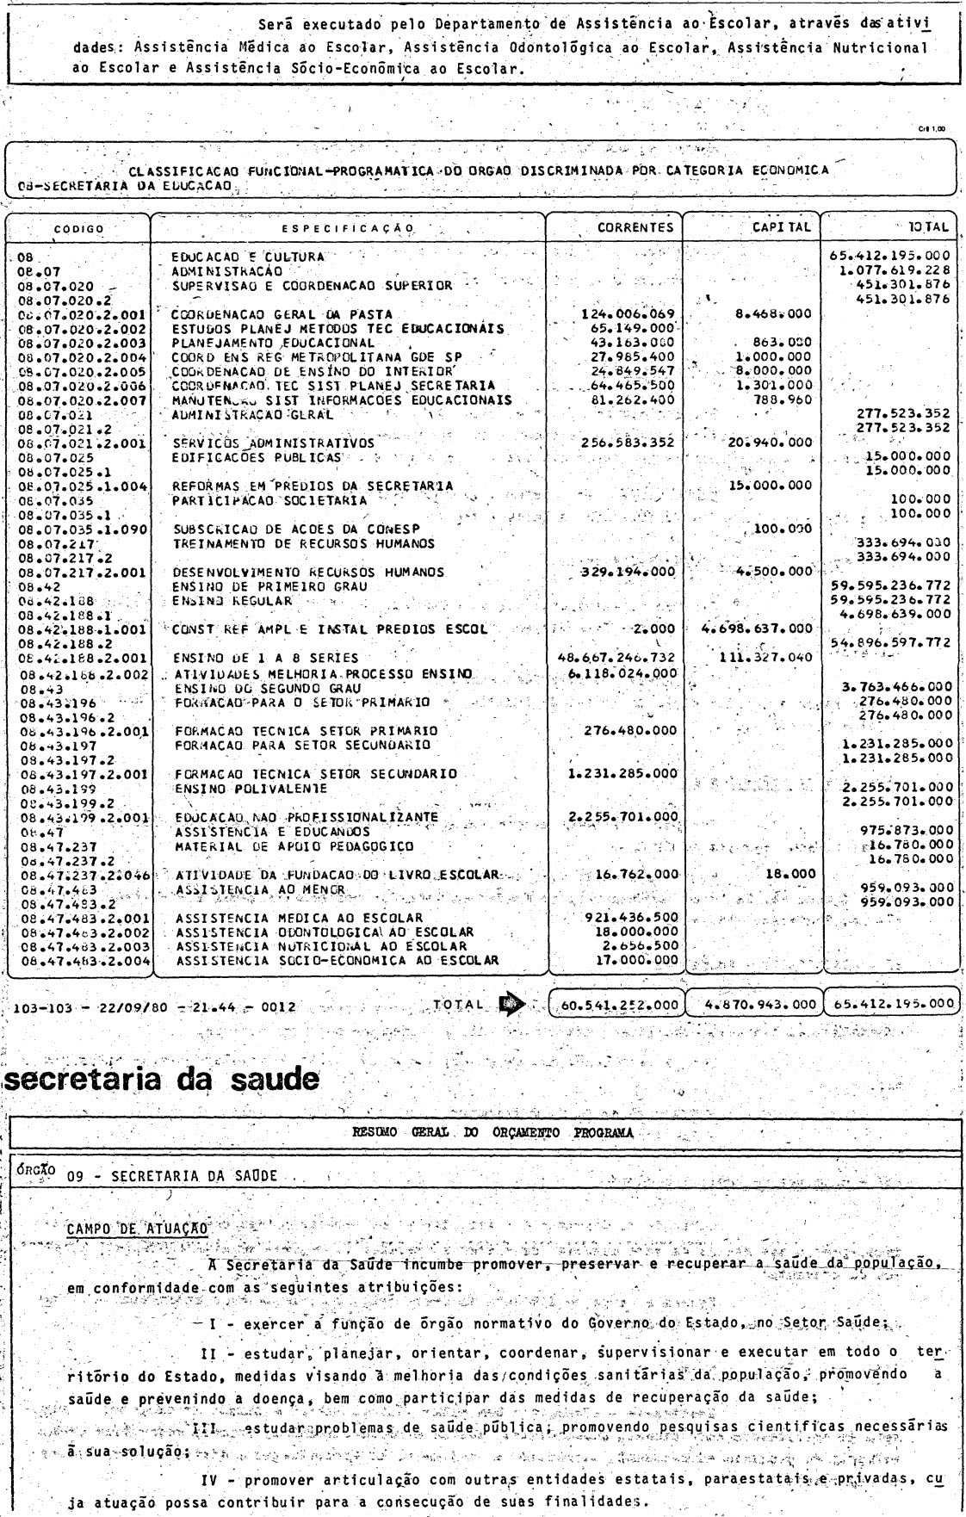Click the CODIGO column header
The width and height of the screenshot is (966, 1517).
tap(78, 229)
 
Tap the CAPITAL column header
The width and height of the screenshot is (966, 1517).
tap(781, 227)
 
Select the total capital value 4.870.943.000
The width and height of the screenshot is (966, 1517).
tap(754, 1003)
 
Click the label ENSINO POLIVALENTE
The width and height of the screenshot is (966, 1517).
tap(238, 787)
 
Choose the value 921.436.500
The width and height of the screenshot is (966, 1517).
tap(633, 918)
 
